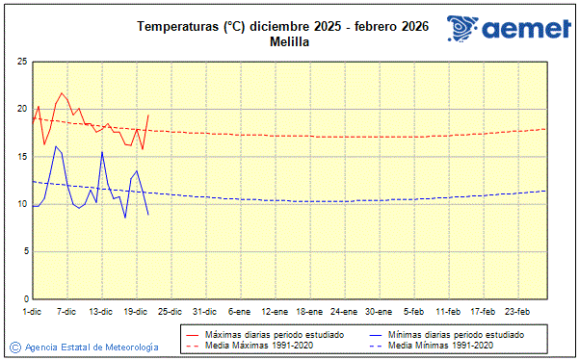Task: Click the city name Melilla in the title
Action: click(282, 41)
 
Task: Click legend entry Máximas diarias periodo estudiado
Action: click(275, 334)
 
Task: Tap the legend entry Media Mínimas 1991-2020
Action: click(442, 345)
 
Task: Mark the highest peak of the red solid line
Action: click(62, 93)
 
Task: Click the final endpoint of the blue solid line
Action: click(147, 214)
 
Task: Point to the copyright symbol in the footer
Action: click(14, 347)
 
